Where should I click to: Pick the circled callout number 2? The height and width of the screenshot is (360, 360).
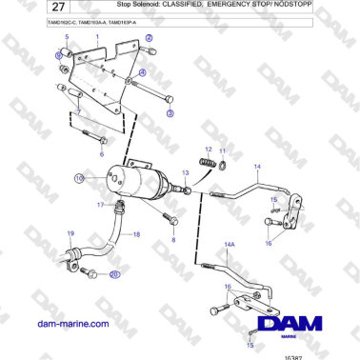coord(58,56)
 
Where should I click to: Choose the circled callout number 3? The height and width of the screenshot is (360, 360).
coord(170,112)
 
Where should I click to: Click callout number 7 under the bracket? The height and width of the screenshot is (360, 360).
coord(79,111)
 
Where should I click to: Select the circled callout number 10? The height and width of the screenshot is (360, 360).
coord(80,178)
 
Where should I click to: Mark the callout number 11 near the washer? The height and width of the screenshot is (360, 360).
coord(223,150)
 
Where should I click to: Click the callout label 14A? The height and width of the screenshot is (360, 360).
coord(229,244)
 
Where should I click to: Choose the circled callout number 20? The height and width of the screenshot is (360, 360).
coord(115,275)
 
